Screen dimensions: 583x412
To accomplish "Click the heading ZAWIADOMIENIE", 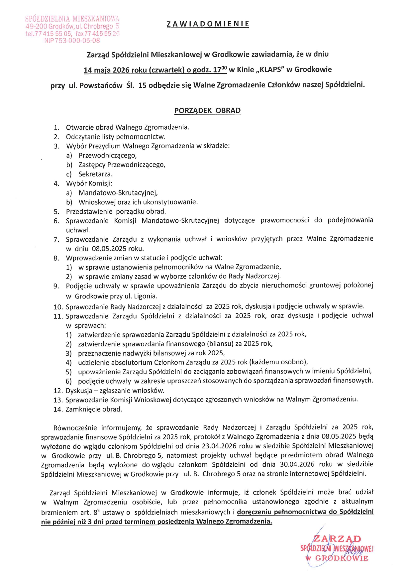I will [x=208, y=24].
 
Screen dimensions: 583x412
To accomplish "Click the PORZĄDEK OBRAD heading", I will [x=207, y=111].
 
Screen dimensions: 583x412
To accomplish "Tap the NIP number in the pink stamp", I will [x=72, y=41].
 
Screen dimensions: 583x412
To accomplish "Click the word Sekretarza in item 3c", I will [x=95, y=174].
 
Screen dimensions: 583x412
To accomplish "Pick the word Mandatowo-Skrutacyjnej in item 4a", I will [x=118, y=193].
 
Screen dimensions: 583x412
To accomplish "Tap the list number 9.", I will [x=56, y=286].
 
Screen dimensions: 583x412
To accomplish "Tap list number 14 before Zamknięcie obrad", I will [x=58, y=409].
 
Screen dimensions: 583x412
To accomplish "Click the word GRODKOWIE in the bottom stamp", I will [x=342, y=558].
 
